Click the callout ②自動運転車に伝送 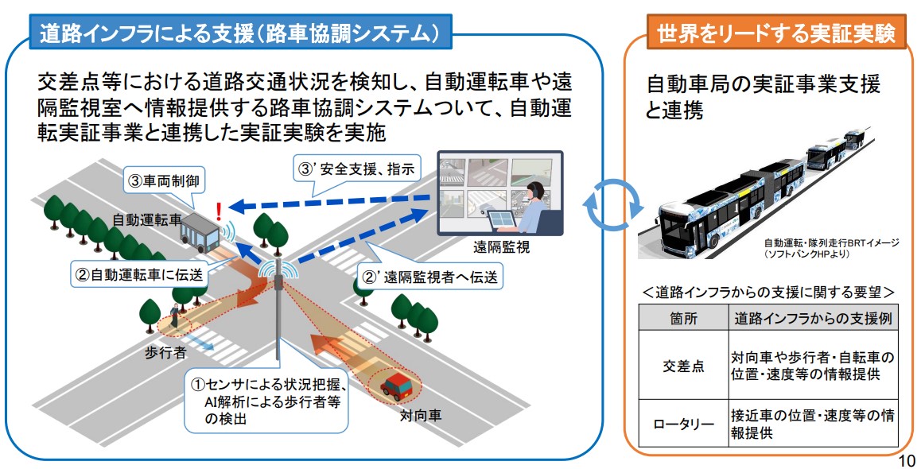coord(140,275)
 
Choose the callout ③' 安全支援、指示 coord(355,169)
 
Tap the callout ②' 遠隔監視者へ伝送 coord(430,277)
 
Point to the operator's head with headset coord(537,190)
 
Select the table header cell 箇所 coord(683,318)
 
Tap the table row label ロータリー coord(683,424)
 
